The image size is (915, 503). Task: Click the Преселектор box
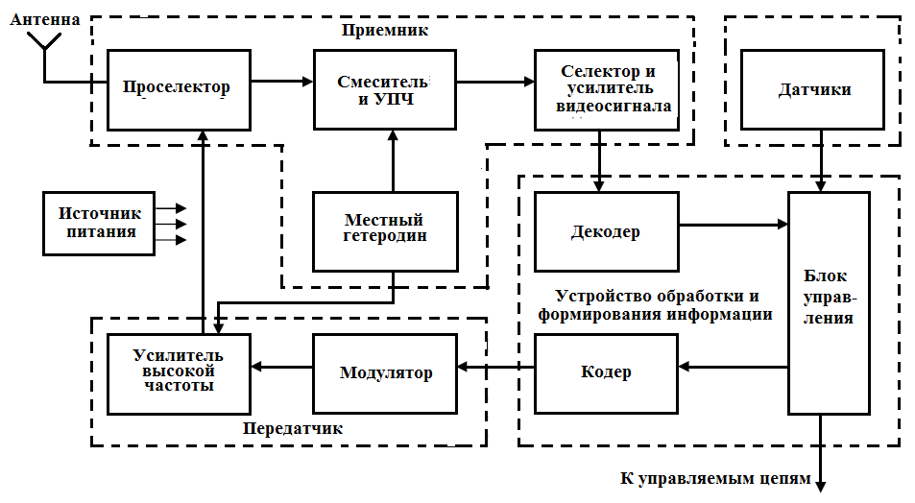pos(178,89)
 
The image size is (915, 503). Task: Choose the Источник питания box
pos(99,223)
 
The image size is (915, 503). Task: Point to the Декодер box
pos(606,231)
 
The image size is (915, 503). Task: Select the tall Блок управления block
pos(829,302)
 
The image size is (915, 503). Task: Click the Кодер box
pos(606,372)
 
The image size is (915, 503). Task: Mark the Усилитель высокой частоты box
pos(178,372)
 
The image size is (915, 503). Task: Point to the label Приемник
pos(384,31)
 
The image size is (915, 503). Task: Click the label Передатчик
pos(293,428)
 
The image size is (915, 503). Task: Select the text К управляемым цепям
pos(716,478)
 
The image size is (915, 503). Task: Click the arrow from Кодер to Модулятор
pos(495,366)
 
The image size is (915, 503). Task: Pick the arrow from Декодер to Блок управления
pos(733,225)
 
